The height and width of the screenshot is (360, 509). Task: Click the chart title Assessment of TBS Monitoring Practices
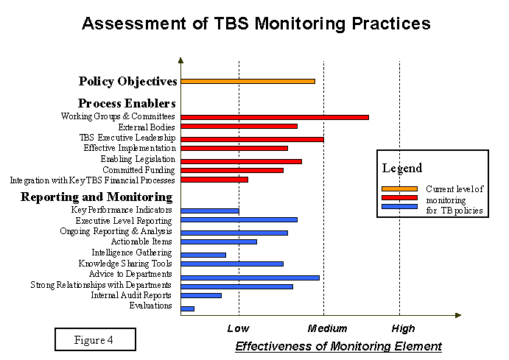tap(256, 23)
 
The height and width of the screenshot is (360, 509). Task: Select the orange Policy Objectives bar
tap(248, 81)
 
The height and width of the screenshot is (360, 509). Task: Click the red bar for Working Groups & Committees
tap(274, 116)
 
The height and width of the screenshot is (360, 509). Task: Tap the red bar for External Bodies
tap(239, 127)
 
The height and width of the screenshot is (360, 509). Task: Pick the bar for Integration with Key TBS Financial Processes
tap(214, 180)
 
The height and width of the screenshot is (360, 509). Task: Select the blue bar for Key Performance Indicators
tap(209, 211)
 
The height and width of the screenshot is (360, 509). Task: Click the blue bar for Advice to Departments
tap(250, 278)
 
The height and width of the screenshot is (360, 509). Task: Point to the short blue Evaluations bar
tap(187, 308)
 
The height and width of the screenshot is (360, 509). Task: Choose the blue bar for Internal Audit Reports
tap(200, 295)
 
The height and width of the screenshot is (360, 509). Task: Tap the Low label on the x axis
tap(238, 328)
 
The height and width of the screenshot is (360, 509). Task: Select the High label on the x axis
tap(403, 328)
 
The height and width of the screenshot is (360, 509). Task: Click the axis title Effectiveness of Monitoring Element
tap(338, 345)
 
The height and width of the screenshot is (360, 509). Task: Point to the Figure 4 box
tap(95, 339)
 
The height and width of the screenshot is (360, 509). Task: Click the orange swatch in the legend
tap(399, 188)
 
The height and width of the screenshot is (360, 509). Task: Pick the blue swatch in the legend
tap(399, 206)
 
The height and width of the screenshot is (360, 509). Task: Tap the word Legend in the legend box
tap(402, 168)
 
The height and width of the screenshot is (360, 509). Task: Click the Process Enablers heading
tap(127, 103)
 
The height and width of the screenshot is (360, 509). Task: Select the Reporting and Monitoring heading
tap(96, 197)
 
